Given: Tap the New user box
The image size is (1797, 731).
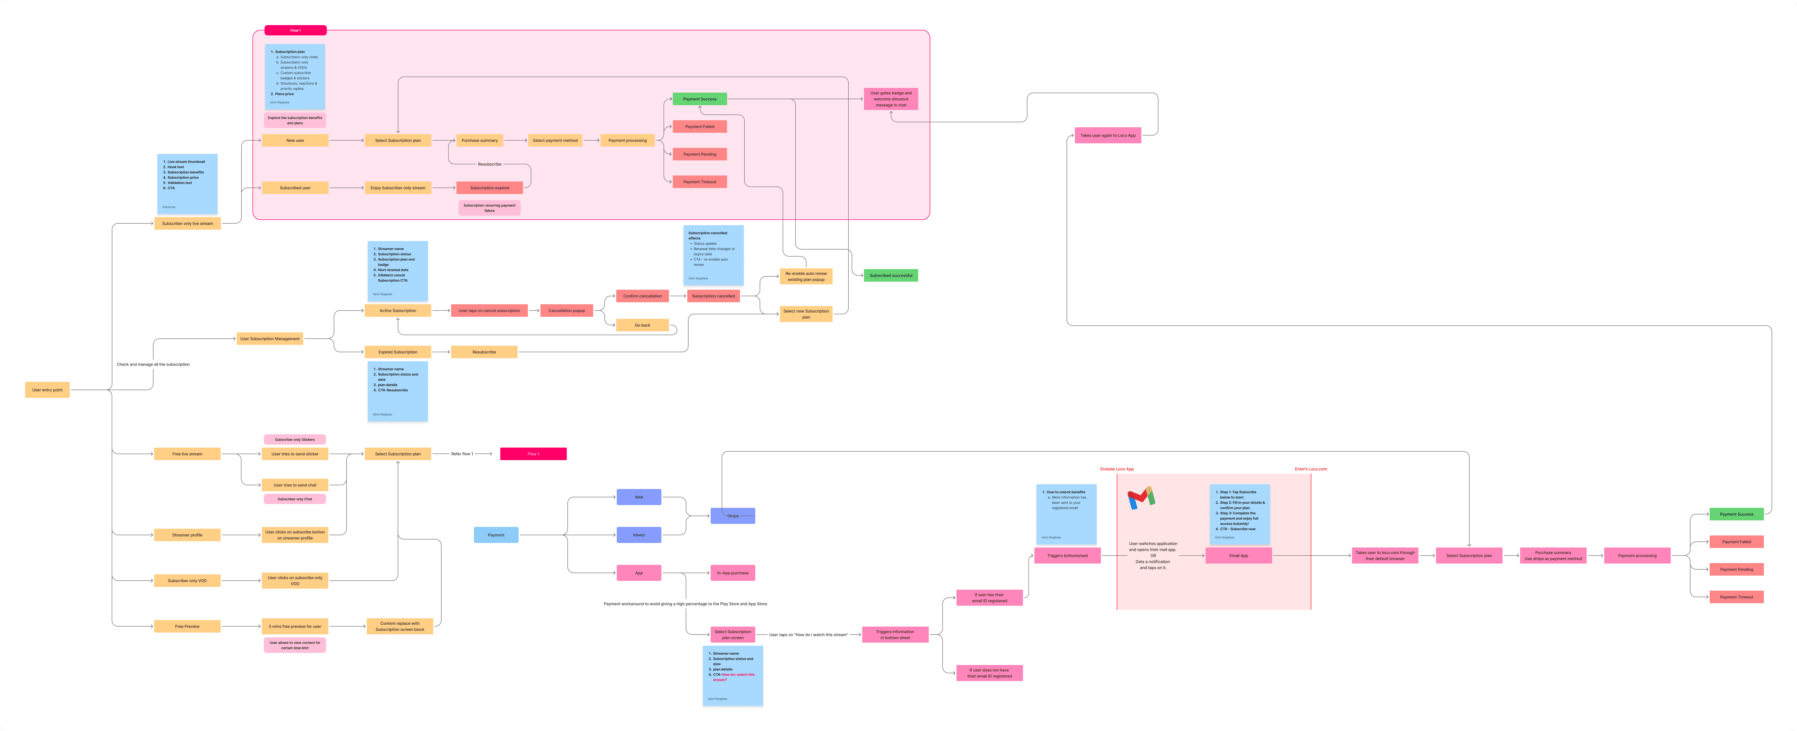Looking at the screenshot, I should (295, 140).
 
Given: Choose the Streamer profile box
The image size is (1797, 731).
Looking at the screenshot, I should (187, 535).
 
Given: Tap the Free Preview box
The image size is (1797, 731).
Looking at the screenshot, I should (187, 626).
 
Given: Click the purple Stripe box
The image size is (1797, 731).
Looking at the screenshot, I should (732, 516).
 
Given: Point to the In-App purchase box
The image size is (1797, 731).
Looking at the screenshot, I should (732, 573).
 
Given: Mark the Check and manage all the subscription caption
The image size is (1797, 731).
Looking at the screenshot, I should (153, 364).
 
